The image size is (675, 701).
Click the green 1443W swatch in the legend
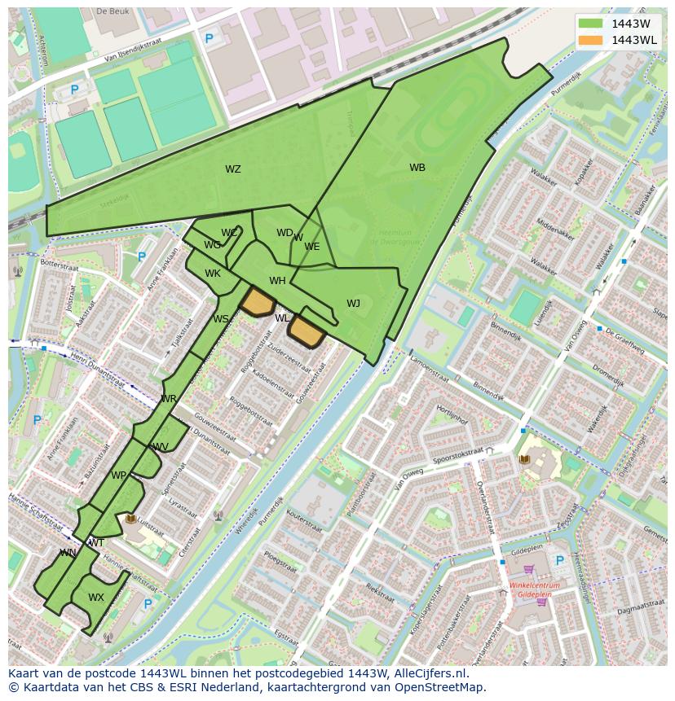590,24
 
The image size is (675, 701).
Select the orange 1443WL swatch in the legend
590,40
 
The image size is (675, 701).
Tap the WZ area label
233,169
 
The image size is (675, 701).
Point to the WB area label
417,168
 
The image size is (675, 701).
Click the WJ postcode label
353,304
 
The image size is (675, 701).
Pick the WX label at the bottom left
96,598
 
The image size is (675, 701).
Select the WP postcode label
119,475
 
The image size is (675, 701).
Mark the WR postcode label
169,399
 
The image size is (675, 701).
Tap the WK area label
213,274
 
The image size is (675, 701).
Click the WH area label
277,281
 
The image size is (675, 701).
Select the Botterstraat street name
58,265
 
